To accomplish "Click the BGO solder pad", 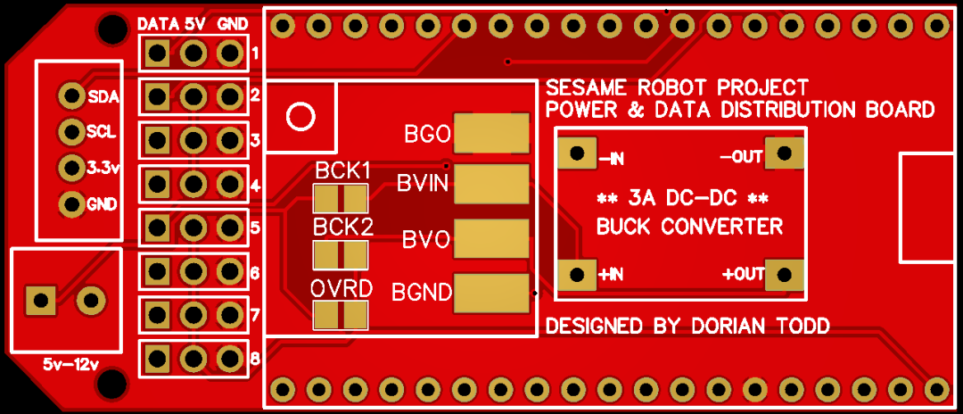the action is tap(491, 133).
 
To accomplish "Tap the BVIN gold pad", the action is tap(491, 184).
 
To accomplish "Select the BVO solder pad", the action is tap(491, 238).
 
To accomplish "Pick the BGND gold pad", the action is tap(491, 293).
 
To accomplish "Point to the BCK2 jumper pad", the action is tap(341, 255).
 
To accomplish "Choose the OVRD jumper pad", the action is tap(341, 314).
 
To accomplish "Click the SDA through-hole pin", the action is tap(71, 95).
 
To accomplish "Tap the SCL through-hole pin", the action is tap(71, 131).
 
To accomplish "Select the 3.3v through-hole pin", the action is tap(71, 167).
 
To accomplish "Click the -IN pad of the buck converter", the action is tap(577, 153).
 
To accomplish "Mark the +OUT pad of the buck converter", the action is tap(785, 275).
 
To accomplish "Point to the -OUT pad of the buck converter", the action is tap(785, 153).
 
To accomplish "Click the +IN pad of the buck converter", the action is tap(577, 275).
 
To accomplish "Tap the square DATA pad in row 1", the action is tap(158, 54).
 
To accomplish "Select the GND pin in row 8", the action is tap(230, 358).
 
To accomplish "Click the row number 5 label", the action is tap(256, 228).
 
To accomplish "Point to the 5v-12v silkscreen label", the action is tap(70, 364).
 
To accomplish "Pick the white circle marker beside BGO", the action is tap(301, 117).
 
